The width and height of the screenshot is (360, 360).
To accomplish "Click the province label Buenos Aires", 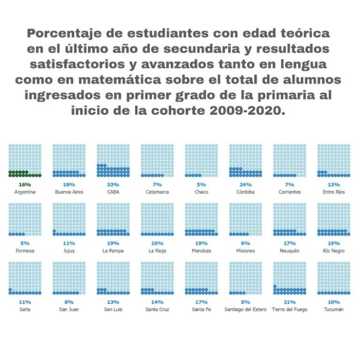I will [69, 192].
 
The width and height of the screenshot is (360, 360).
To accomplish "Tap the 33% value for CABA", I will [113, 185].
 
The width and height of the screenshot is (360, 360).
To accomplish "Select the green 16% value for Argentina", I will [25, 185].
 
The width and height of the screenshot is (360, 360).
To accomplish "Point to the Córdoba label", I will [245, 192].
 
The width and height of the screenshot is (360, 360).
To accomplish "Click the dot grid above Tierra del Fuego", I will [289, 278].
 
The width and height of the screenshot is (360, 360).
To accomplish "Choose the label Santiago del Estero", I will [245, 310].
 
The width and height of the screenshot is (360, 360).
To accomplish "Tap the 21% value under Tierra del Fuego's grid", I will [289, 302].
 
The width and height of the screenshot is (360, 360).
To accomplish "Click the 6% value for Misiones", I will [245, 243].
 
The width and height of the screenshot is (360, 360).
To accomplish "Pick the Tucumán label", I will [333, 310].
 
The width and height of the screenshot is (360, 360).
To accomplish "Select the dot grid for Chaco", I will [201, 160].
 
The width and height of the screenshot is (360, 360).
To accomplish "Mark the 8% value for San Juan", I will [69, 302].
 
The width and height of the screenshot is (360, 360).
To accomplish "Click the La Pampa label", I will [113, 251].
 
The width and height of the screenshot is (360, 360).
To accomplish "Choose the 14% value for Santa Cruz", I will [157, 302].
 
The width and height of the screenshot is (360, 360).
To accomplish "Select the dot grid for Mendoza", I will [201, 219].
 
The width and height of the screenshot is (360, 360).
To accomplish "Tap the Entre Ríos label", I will [333, 192].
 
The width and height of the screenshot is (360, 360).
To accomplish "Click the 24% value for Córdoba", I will [245, 185].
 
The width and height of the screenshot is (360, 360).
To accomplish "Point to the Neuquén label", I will [289, 251].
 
